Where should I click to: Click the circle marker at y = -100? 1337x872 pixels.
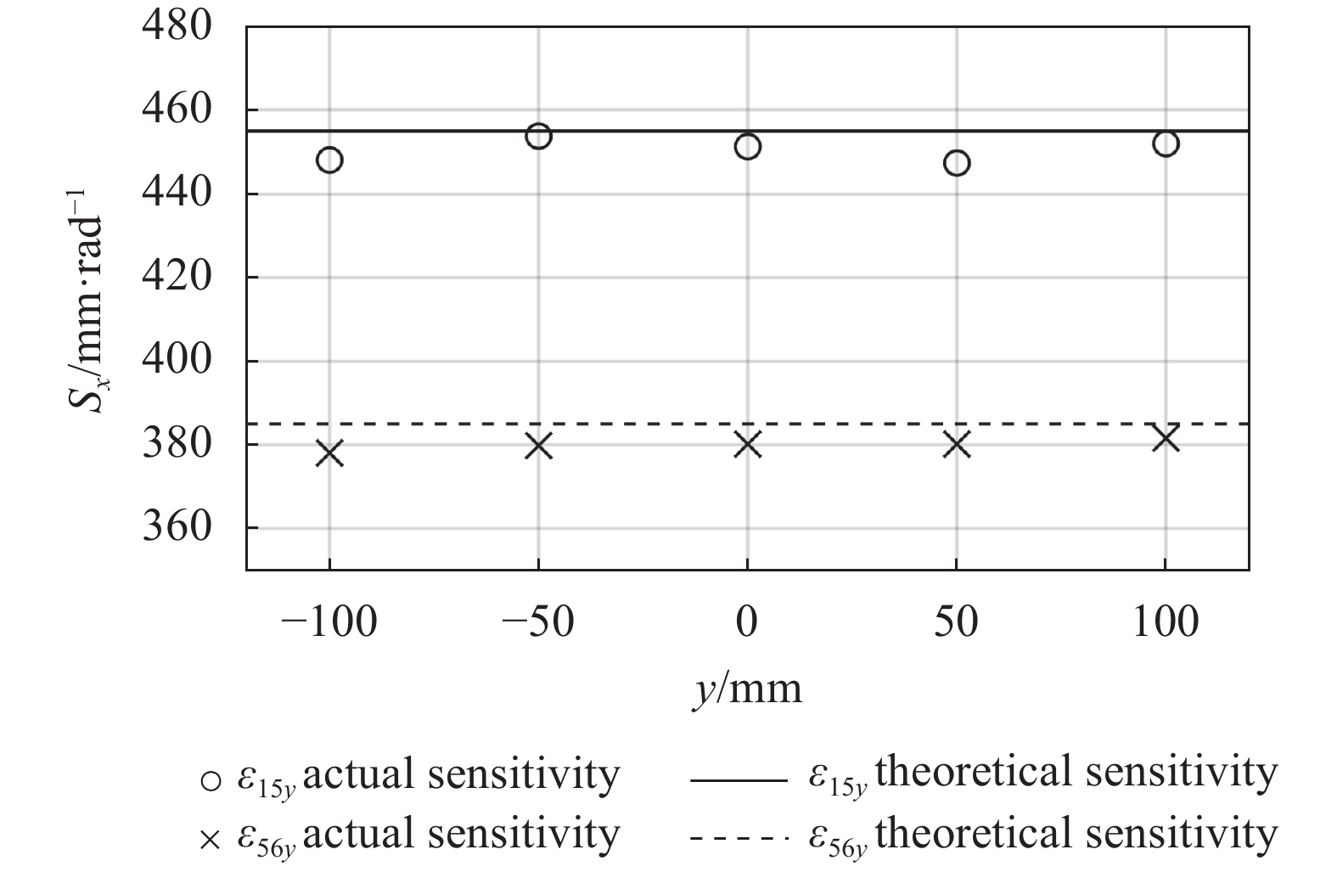click(x=329, y=160)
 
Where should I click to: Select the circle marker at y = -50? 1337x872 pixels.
click(x=538, y=136)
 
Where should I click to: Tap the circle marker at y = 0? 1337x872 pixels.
click(x=747, y=147)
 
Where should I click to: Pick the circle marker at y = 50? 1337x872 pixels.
click(x=957, y=163)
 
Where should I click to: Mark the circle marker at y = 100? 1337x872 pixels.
click(x=1166, y=143)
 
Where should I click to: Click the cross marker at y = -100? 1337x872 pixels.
click(x=329, y=453)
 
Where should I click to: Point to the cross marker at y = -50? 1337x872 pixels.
click(x=538, y=446)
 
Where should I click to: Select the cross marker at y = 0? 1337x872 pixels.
click(x=747, y=444)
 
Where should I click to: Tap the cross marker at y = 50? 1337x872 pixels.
click(x=957, y=444)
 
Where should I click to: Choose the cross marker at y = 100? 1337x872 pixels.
click(x=1166, y=439)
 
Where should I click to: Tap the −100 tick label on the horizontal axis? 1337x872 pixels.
click(x=329, y=622)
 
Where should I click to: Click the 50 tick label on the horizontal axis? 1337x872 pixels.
click(x=957, y=622)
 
